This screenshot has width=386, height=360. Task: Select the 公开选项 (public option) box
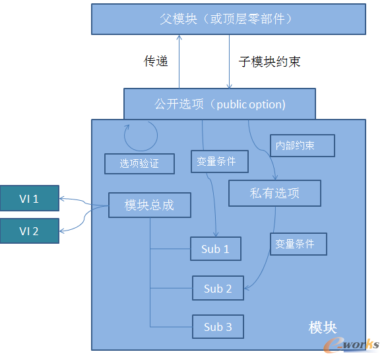[x=220, y=104]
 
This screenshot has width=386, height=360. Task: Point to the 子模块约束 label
[x=269, y=61]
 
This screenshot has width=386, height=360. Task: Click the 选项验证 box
[x=139, y=163]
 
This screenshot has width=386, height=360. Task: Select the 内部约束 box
[x=302, y=145]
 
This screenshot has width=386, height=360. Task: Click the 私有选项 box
[x=274, y=193]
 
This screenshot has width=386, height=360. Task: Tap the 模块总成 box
[x=150, y=205]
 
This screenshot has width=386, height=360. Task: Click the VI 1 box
[x=29, y=198]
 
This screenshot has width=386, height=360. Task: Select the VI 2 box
[x=29, y=231]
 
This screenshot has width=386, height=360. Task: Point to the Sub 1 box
[x=215, y=249]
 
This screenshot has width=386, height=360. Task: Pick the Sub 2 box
[x=218, y=288]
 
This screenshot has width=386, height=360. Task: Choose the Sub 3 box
[x=218, y=326]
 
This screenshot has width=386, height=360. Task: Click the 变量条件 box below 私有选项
[x=298, y=244]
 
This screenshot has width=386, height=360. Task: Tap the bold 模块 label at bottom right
[x=323, y=327]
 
